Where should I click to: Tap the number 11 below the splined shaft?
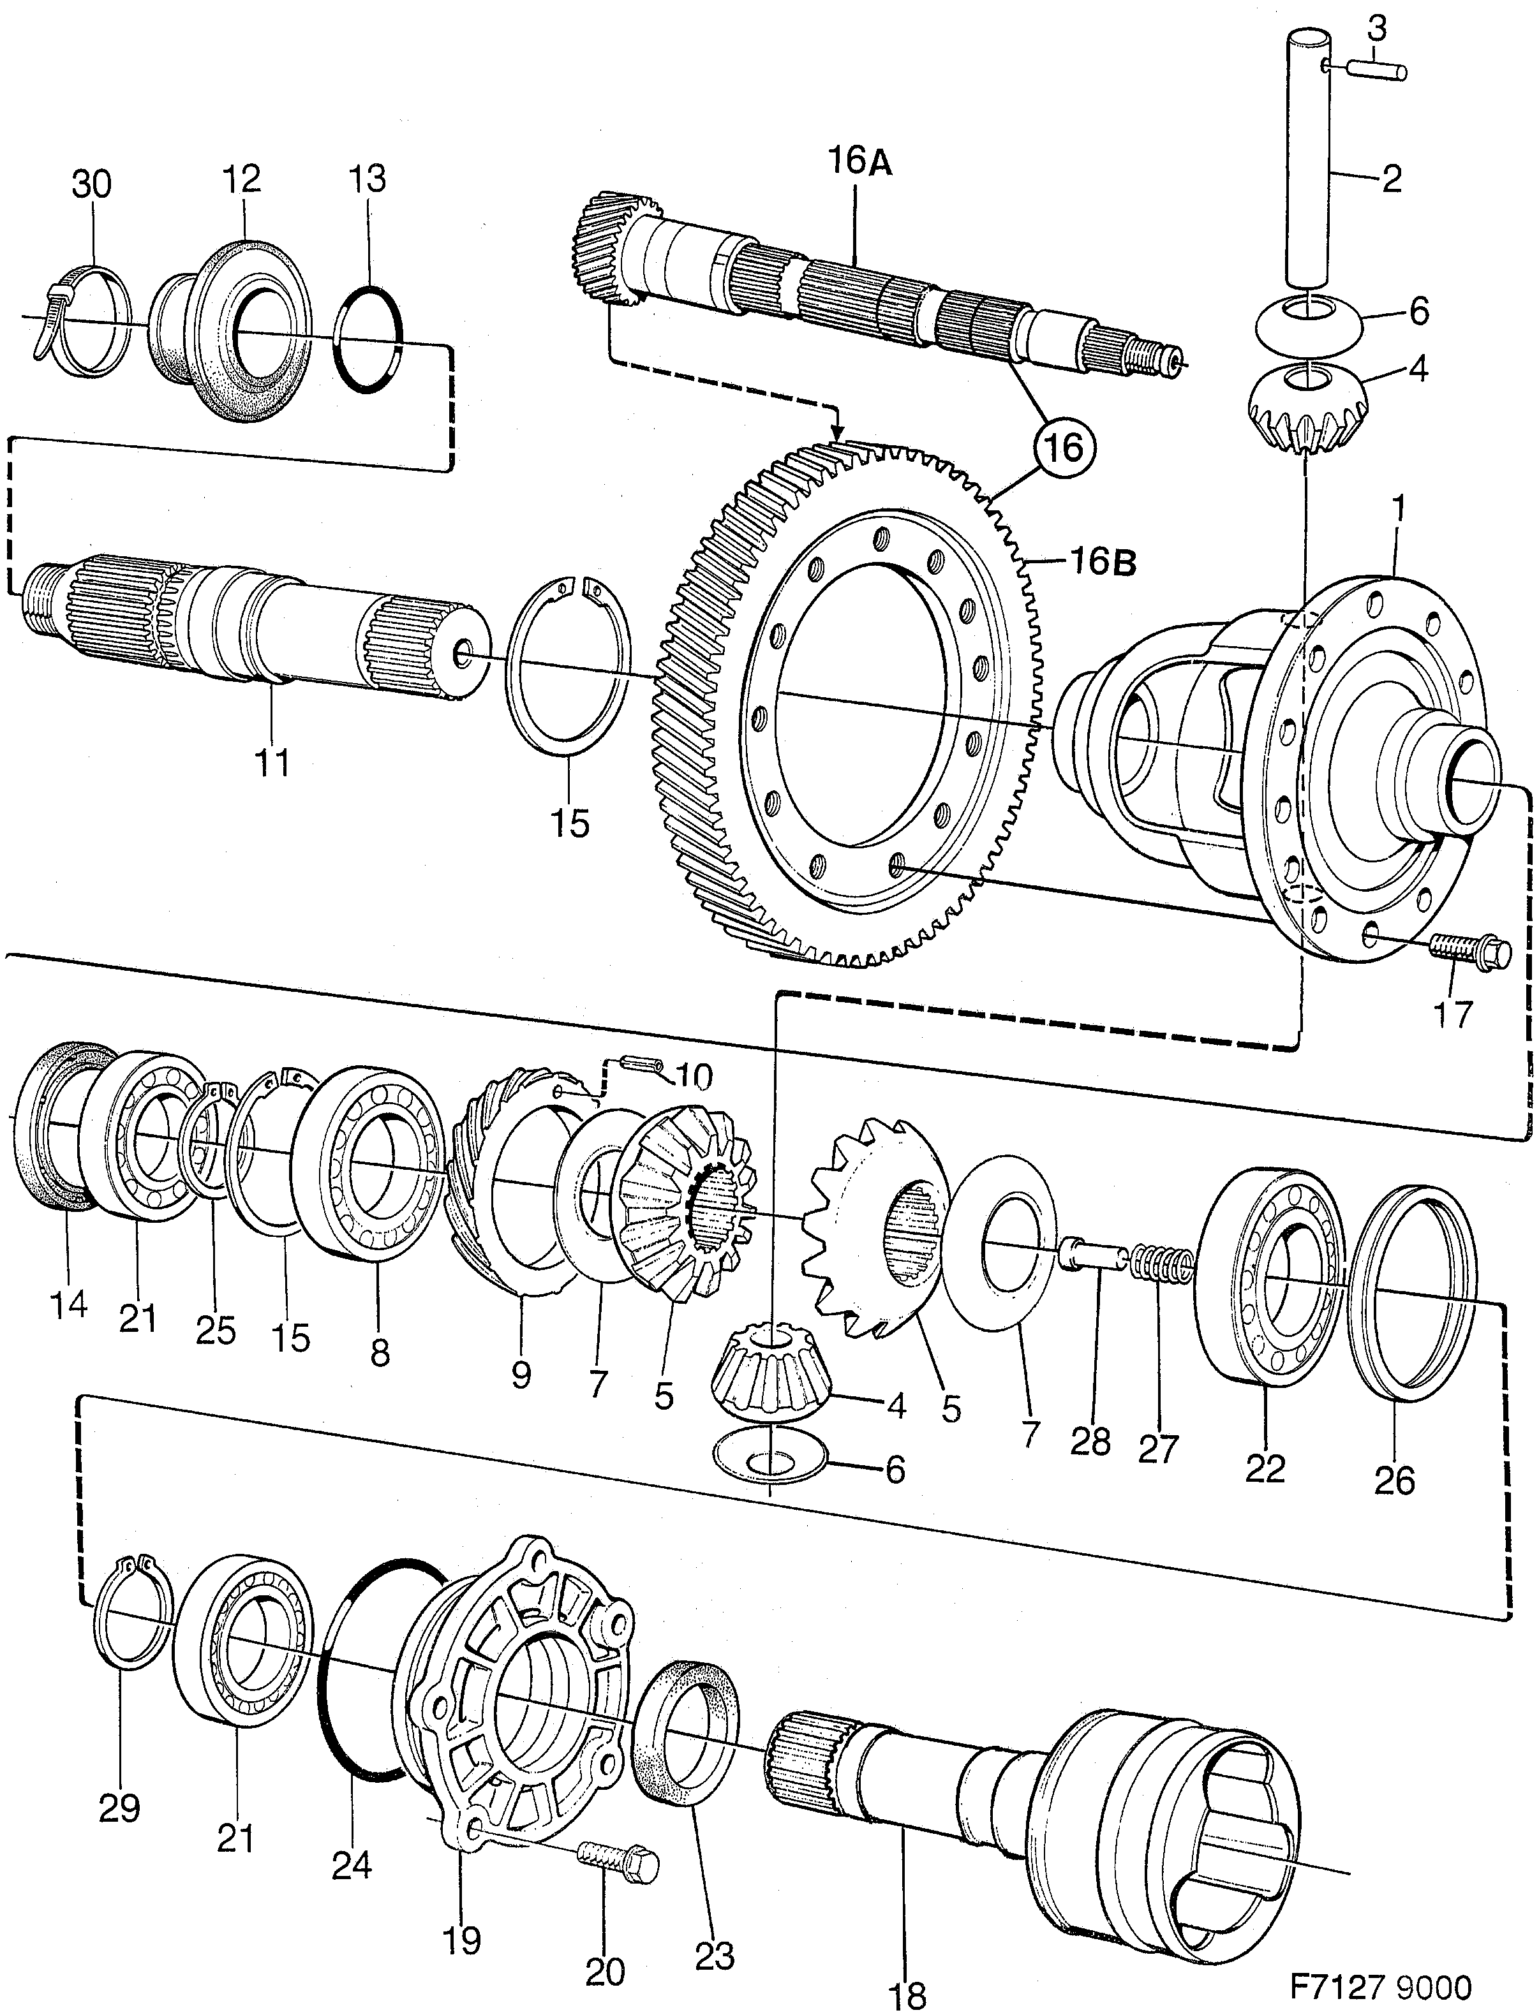coord(272,762)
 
